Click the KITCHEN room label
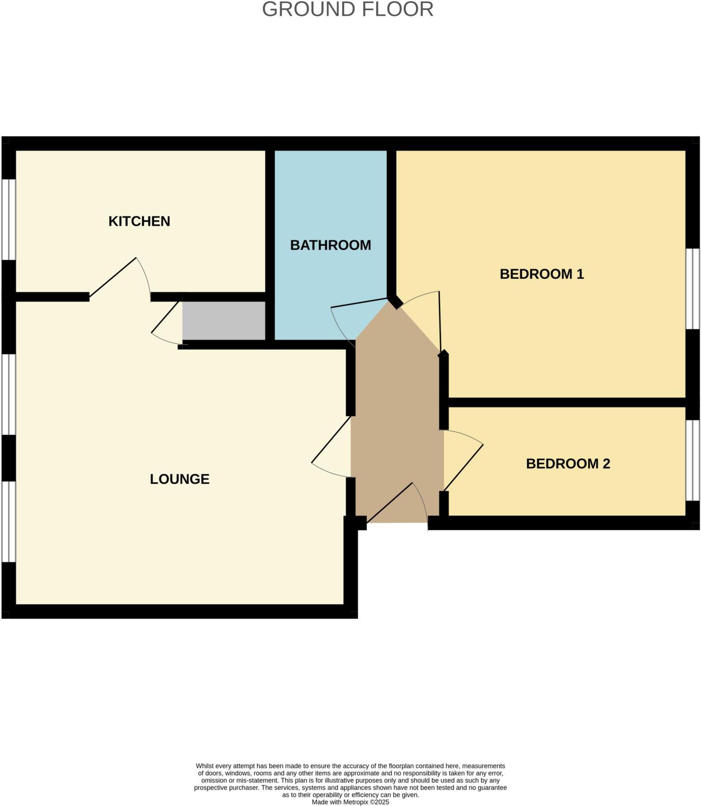tap(139, 221)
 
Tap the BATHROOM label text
tap(330, 245)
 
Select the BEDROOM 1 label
tap(542, 274)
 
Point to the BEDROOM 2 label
tap(568, 464)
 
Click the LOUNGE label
tap(179, 479)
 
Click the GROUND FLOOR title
tap(347, 9)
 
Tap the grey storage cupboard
tap(224, 320)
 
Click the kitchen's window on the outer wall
tap(9, 220)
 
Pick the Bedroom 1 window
tap(693, 288)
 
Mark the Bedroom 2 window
tap(693, 460)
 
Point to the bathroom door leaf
tap(359, 303)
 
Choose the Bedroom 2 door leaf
tap(463, 468)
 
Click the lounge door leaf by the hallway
tap(331, 440)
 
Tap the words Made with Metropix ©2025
tap(350, 802)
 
